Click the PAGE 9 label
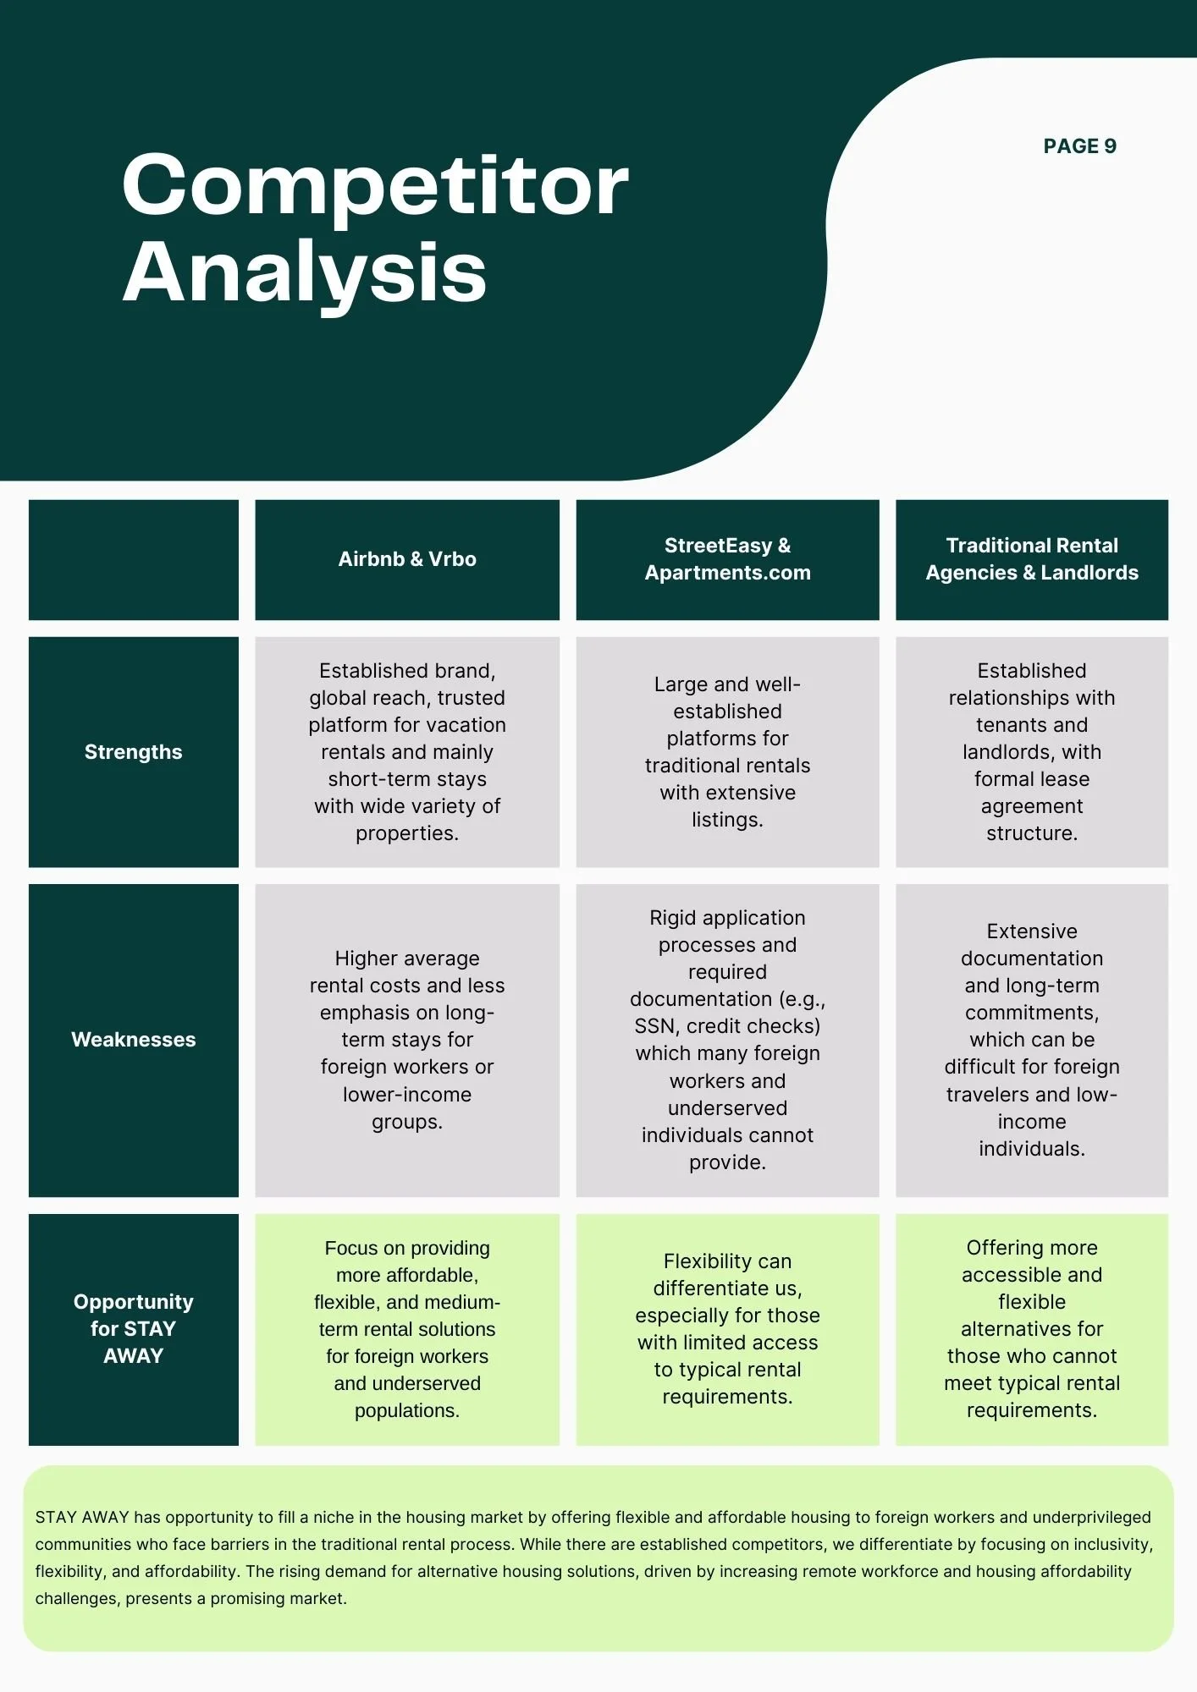[1079, 146]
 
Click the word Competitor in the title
[375, 185]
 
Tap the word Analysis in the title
[305, 272]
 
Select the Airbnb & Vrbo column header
[407, 559]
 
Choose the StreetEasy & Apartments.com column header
[727, 559]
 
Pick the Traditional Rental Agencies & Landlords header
[1031, 559]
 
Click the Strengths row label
[134, 752]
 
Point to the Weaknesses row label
[134, 1040]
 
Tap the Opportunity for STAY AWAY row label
[134, 1329]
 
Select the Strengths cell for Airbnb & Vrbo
[407, 752]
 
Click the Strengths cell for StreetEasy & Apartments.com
[727, 752]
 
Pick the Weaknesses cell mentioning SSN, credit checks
[727, 1040]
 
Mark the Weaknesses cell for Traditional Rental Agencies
[1031, 1040]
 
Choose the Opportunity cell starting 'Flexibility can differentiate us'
[727, 1329]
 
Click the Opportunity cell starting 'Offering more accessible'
[1031, 1329]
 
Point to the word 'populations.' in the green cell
[407, 1411]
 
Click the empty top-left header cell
[134, 559]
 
